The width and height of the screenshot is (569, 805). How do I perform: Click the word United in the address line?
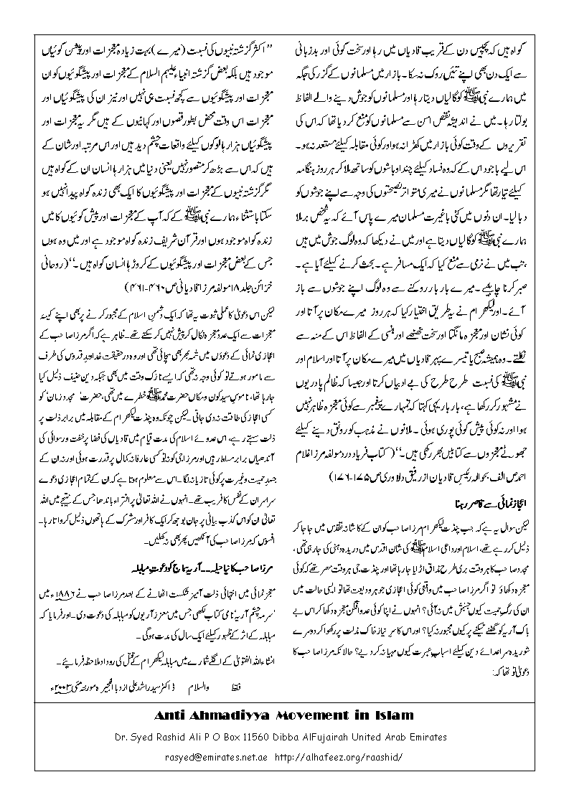coord(397,736)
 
